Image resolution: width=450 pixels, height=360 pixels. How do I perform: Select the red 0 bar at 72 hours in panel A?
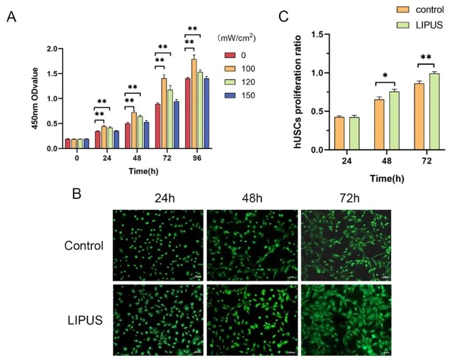158,126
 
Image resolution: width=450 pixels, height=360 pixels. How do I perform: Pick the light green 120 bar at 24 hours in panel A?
110,138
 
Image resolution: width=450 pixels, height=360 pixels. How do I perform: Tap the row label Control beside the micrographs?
85,245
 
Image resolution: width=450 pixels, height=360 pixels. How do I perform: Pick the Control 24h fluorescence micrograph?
158,245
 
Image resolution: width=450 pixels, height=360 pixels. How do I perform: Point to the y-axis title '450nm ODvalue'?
35,99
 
